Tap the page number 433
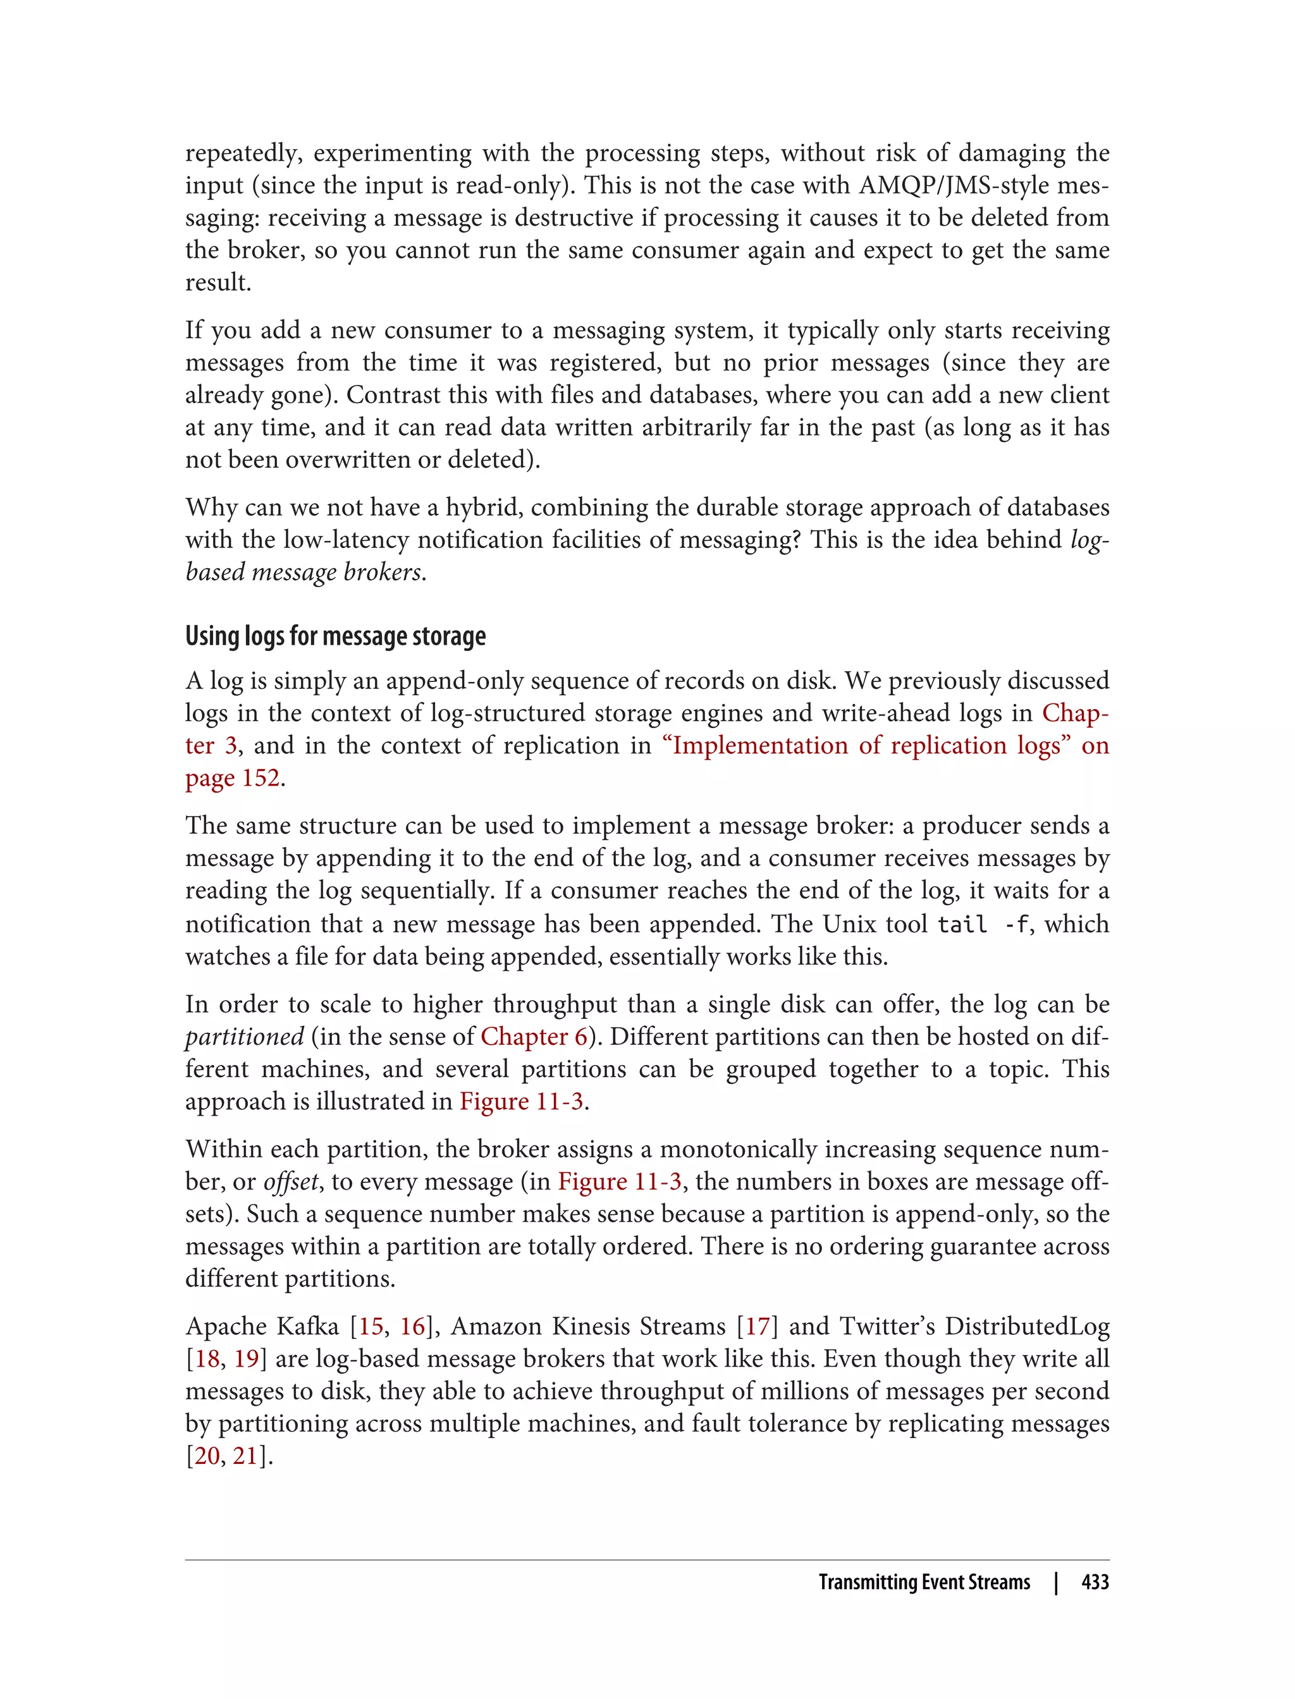(x=1095, y=1583)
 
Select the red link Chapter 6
(x=534, y=1037)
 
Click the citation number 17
(x=757, y=1326)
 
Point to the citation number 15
(x=371, y=1326)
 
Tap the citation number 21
(x=244, y=1456)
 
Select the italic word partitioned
(x=244, y=1037)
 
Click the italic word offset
(x=291, y=1182)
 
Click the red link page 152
(x=232, y=778)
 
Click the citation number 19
(x=246, y=1358)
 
